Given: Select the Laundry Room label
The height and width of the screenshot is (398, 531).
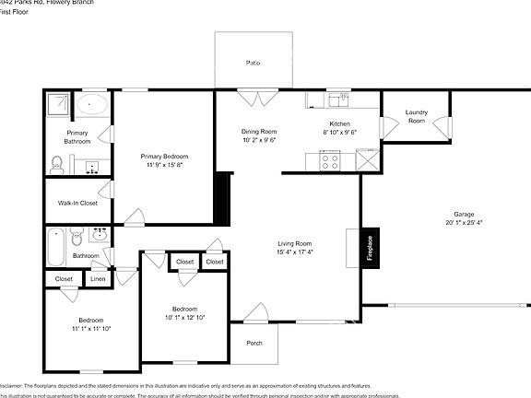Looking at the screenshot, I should (x=417, y=116).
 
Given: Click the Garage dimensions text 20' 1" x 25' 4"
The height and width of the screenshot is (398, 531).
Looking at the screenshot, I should (x=464, y=222).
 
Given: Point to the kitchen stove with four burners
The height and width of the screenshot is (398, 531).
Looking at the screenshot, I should (x=329, y=160).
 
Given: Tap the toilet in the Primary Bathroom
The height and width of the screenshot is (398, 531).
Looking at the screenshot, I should (x=57, y=166).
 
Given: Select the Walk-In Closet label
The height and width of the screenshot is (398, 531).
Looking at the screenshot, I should (x=77, y=203).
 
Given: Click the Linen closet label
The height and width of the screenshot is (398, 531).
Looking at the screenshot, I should (x=99, y=278).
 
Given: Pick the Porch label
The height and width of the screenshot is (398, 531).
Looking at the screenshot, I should (x=254, y=343).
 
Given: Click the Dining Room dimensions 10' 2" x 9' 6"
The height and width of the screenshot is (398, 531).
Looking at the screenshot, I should (x=259, y=141).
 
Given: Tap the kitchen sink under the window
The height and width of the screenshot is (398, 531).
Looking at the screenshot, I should (x=343, y=98).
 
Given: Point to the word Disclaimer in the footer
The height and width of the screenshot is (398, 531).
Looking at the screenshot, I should (x=10, y=385).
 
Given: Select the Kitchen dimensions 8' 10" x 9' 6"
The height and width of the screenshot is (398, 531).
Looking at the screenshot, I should (x=339, y=133).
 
